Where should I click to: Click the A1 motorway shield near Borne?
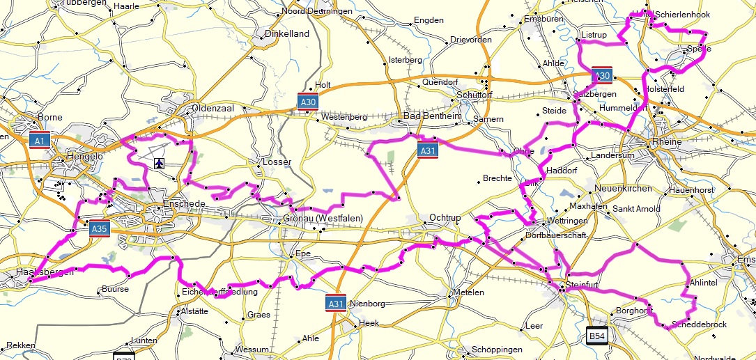40,141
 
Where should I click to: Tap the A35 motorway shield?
99,228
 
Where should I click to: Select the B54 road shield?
597,336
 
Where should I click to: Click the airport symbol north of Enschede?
160,163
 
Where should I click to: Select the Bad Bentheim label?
432,116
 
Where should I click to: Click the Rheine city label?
668,143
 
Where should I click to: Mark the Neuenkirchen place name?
623,189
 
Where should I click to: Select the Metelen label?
468,292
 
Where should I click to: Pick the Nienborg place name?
366,304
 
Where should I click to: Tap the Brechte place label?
497,179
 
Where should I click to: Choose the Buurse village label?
114,288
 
